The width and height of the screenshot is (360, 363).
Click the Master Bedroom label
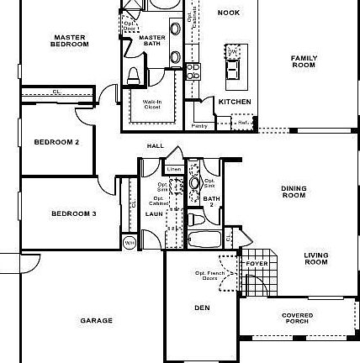pos(69,40)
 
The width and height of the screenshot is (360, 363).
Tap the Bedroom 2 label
pos(56,142)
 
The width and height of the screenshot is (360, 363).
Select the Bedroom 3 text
pos(73,213)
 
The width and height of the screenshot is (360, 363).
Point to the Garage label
pos(97,320)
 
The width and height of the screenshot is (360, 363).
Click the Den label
pos(202,308)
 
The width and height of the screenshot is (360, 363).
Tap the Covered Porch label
pos(297,318)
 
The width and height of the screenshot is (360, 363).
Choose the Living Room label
pos(316,259)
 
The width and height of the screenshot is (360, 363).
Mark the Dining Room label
pos(294,192)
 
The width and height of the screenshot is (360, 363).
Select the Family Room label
pos(304,61)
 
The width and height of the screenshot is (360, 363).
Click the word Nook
pos(229,13)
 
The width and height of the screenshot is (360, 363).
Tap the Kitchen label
pos(235,102)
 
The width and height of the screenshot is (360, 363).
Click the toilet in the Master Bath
pos(133,74)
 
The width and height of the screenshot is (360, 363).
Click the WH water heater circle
pos(130,243)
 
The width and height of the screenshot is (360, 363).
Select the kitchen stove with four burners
pos(193,71)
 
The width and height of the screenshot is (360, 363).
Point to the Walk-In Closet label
pos(152,105)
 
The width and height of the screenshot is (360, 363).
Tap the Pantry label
pos(199,126)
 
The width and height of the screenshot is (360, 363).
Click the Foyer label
pos(257,263)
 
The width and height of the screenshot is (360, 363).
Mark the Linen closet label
pos(173,170)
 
